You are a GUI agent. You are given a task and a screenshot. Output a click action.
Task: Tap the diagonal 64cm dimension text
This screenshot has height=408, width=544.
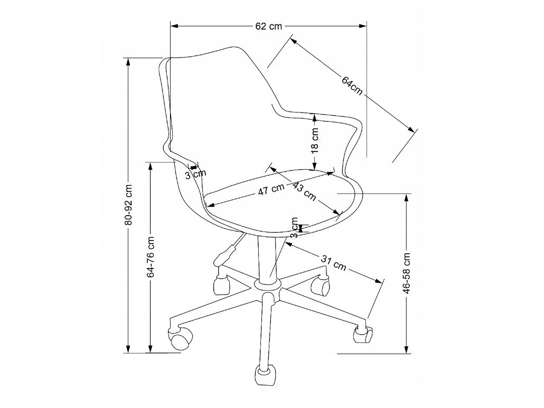point(352,85)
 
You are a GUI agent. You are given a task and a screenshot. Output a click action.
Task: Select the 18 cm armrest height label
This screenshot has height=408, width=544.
point(315,141)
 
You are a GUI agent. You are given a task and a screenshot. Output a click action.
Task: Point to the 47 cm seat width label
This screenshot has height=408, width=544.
point(271,190)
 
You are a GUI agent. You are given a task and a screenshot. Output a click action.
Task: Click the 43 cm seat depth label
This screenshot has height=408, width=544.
point(304,192)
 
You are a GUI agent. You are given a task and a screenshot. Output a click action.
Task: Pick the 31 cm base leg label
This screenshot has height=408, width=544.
point(334,263)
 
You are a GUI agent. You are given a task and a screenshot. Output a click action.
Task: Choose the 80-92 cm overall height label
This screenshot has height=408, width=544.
point(128,205)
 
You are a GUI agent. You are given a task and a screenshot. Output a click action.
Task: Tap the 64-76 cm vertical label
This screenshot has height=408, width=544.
point(151,257)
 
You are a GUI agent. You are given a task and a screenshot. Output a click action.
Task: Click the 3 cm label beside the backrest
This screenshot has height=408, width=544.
point(195,173)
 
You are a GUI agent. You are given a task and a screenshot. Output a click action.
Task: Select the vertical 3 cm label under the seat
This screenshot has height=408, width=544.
point(295,228)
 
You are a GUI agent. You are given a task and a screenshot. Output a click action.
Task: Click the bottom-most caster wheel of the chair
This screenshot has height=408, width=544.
point(264,375)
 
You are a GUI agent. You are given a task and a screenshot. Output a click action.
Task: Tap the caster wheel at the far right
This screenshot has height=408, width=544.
point(362,335)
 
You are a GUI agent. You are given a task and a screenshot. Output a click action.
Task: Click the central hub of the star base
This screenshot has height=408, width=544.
point(267,285)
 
